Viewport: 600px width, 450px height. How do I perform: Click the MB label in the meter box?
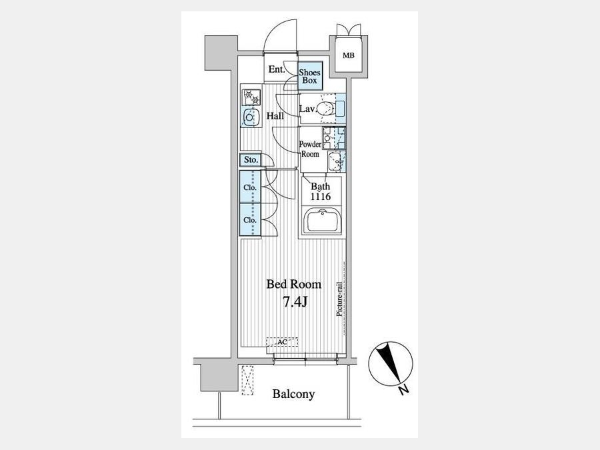pyautogui.click(x=348, y=55)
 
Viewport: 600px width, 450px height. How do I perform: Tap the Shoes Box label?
pyautogui.click(x=309, y=77)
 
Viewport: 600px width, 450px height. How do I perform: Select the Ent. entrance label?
pyautogui.click(x=277, y=69)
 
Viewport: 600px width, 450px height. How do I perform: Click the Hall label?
pyautogui.click(x=275, y=115)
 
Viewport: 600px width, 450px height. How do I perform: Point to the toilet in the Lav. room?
pyautogui.click(x=325, y=109)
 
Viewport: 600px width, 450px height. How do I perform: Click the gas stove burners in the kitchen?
pyautogui.click(x=251, y=97)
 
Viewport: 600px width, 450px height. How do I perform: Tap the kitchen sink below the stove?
pyautogui.click(x=250, y=117)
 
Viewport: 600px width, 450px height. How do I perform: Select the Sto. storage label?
pyautogui.click(x=251, y=160)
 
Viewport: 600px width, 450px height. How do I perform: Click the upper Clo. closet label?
pyautogui.click(x=250, y=188)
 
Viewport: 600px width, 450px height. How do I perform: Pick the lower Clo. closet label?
pyautogui.click(x=250, y=221)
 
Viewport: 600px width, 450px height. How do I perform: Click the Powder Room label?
pyautogui.click(x=310, y=149)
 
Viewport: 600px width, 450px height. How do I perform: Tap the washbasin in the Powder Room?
pyautogui.click(x=335, y=161)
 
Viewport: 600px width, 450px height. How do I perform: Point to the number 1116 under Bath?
pyautogui.click(x=320, y=197)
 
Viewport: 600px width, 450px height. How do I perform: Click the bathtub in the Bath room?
pyautogui.click(x=322, y=221)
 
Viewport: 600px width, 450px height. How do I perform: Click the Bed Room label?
pyautogui.click(x=293, y=284)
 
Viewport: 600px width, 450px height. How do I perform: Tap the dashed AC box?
pyautogui.click(x=282, y=342)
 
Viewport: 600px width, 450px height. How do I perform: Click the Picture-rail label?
pyautogui.click(x=339, y=299)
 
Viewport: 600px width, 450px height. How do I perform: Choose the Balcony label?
pyautogui.click(x=293, y=394)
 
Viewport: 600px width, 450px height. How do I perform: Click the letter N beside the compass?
pyautogui.click(x=403, y=390)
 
